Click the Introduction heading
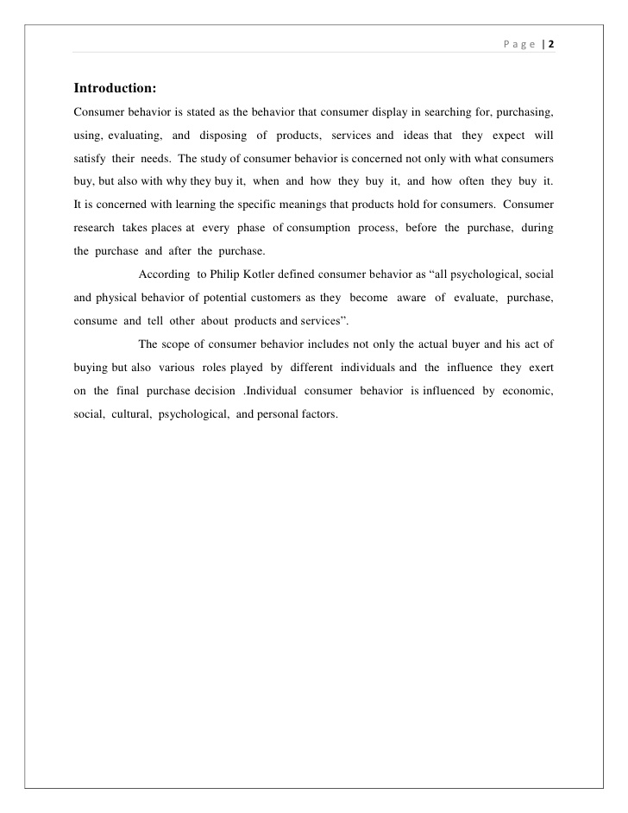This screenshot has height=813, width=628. (x=114, y=88)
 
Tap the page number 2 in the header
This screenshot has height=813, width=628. (x=549, y=45)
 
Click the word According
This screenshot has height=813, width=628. (x=164, y=274)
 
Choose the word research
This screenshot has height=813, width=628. (x=94, y=229)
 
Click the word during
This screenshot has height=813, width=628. (x=536, y=229)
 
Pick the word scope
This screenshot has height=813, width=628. (x=195, y=343)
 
